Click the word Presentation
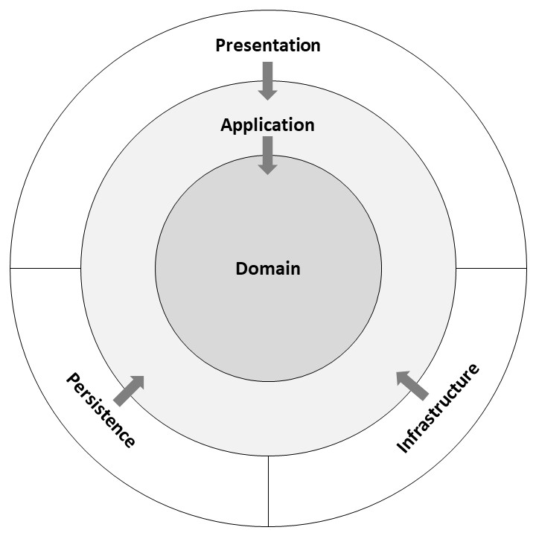tap(268, 45)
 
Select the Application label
tap(268, 125)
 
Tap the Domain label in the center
tap(268, 268)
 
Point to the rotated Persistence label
tap(100, 410)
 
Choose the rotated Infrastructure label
tap(438, 408)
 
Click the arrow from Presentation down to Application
tap(268, 81)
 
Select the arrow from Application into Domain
tap(268, 156)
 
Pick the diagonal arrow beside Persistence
tap(129, 391)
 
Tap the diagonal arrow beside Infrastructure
tap(412, 386)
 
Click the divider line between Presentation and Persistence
tap(45, 268)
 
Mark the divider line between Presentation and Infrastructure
tap(491, 268)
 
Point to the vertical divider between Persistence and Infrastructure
tap(268, 491)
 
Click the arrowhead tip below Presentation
tap(268, 100)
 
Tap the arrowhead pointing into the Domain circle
tap(268, 175)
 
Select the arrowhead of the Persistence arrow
tap(144, 377)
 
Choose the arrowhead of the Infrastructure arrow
tap(397, 371)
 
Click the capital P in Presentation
tap(220, 45)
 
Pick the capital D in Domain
tap(242, 269)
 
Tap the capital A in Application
tap(227, 125)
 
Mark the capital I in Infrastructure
tap(402, 447)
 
